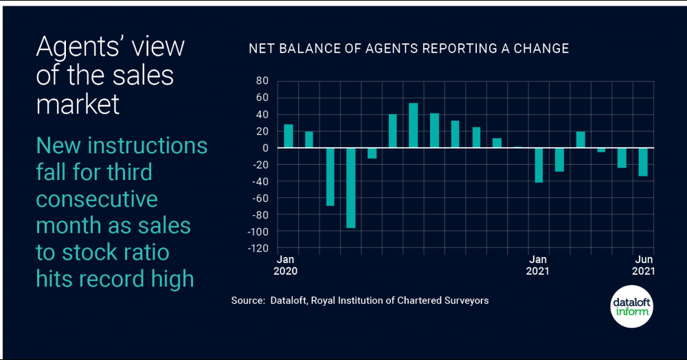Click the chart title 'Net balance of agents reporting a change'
pyautogui.click(x=408, y=49)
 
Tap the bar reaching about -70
pyautogui.click(x=330, y=177)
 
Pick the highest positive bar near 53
pyautogui.click(x=414, y=125)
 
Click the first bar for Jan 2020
pyautogui.click(x=289, y=136)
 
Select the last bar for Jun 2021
pyautogui.click(x=643, y=161)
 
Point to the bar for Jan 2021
pyautogui.click(x=539, y=165)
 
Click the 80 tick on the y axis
pyautogui.click(x=261, y=81)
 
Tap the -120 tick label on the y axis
pyautogui.click(x=258, y=248)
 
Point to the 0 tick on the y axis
pyautogui.click(x=264, y=148)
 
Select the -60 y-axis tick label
pyautogui.click(x=260, y=198)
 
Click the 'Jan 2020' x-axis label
pyautogui.click(x=286, y=265)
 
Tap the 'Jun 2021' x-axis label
pyautogui.click(x=643, y=265)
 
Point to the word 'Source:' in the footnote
pyautogui.click(x=247, y=301)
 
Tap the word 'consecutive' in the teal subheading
pyautogui.click(x=97, y=199)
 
